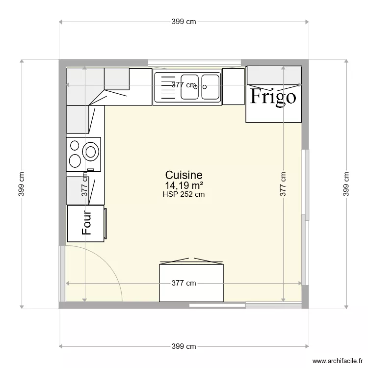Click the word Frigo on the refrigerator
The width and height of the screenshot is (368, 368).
pos(273,97)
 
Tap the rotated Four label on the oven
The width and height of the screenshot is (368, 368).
pos(87,222)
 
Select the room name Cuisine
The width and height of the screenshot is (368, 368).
pos(184,175)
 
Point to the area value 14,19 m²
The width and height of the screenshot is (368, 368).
pos(184,185)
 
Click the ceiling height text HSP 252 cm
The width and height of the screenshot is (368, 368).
pos(184,194)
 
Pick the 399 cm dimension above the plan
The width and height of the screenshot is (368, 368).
pos(184,22)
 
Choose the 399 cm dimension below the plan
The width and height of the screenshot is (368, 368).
pos(184,346)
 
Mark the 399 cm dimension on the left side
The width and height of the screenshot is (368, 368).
pos(22,184)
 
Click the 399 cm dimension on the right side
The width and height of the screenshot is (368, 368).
pos(346,184)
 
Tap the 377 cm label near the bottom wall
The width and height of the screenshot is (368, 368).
pos(184,283)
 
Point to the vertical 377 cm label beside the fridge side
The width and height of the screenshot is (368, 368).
pos(284,184)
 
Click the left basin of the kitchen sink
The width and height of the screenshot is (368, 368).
pos(189,86)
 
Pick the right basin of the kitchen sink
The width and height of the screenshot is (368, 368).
pos(211,86)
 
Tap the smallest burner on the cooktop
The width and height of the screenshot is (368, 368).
pos(75,145)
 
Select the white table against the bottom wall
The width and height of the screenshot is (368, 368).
pos(192,283)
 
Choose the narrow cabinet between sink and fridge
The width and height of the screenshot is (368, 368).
pos(233,86)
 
